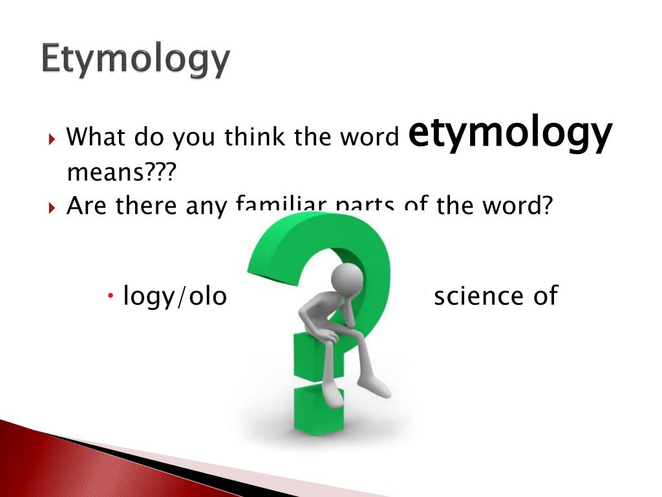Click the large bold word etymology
click(511, 133)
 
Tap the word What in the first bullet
click(96, 137)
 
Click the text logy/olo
click(175, 296)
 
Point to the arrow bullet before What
click(52, 138)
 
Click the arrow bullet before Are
click(52, 207)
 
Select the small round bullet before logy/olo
click(111, 296)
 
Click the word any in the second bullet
click(206, 206)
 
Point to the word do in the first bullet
click(149, 137)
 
